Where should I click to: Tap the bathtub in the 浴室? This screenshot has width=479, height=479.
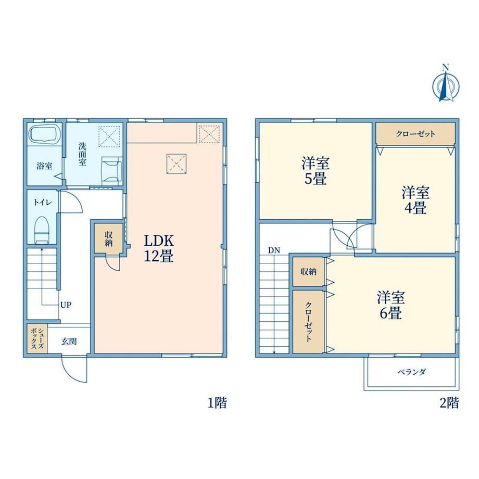(43, 134)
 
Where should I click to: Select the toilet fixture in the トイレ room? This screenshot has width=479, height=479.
(42, 230)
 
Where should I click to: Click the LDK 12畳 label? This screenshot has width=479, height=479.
(159, 248)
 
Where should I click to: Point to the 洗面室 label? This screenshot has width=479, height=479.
(82, 154)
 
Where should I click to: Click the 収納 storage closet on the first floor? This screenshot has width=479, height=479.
(108, 238)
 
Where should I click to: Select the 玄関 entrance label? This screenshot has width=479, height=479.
(69, 341)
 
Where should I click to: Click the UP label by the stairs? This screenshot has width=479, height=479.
(66, 305)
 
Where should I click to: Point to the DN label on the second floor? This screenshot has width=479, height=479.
(274, 250)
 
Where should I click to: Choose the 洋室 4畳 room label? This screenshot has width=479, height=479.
(415, 200)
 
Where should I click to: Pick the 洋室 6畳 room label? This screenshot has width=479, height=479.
(390, 305)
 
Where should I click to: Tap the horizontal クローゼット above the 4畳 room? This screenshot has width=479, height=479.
(415, 133)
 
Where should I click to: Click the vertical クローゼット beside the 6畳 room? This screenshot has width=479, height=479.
(308, 321)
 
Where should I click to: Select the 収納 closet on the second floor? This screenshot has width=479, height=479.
(308, 271)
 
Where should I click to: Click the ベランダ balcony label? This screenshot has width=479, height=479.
(411, 372)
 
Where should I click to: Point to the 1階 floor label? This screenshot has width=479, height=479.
(218, 402)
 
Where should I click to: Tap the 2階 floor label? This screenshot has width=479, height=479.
(449, 402)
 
